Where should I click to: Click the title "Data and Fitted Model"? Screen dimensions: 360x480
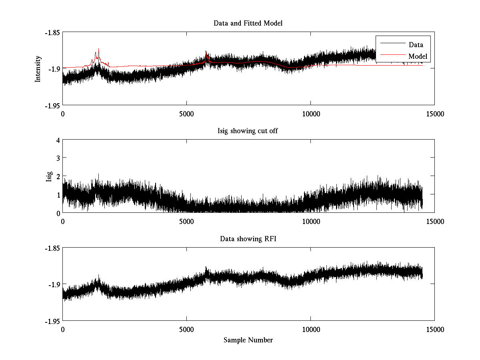point(248,23)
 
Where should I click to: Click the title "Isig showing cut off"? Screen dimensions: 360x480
point(248,131)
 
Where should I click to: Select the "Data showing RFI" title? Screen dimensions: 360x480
point(248,239)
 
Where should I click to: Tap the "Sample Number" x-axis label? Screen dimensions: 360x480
point(248,340)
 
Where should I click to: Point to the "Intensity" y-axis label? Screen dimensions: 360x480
point(38,69)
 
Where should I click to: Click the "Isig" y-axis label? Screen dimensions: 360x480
point(49,176)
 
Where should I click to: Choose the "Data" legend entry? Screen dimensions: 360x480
point(416,44)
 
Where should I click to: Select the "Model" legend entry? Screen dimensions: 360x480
point(418,56)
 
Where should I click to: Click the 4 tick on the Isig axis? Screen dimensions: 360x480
point(58,140)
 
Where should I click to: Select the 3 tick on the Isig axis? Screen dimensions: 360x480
point(58,158)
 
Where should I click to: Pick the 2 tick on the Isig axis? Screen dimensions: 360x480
point(58,176)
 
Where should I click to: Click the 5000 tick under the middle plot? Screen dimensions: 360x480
point(187,221)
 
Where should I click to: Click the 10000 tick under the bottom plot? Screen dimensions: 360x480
point(311,330)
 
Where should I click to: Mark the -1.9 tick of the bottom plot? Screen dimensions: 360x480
point(54,284)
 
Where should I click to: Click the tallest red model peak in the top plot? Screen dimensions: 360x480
point(98,49)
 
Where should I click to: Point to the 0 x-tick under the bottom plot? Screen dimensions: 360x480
point(63,330)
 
